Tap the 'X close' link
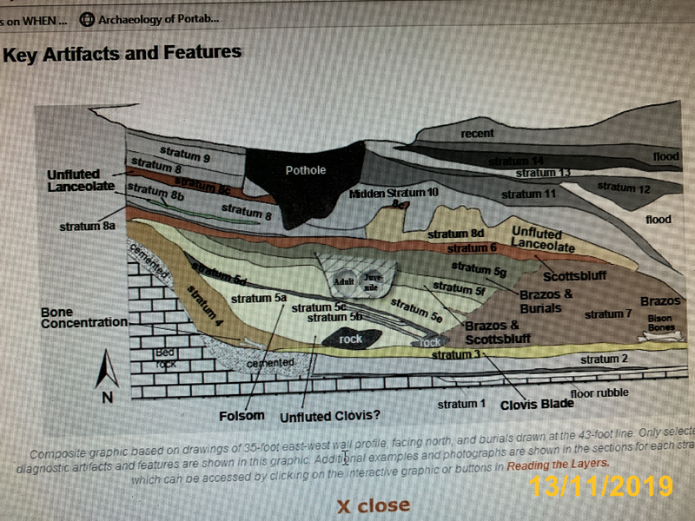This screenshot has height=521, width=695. click(x=374, y=505)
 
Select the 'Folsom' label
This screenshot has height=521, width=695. click(x=242, y=415)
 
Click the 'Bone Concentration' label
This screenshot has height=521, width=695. click(x=83, y=317)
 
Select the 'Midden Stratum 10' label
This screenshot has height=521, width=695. click(x=394, y=192)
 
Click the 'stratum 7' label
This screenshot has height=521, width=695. click(x=608, y=313)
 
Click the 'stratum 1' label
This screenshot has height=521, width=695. click(x=461, y=404)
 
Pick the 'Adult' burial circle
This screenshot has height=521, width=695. click(x=341, y=282)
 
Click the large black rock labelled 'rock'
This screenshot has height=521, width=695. click(x=350, y=339)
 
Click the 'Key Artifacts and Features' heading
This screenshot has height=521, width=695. click(x=122, y=53)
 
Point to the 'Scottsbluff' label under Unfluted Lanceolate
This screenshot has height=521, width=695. click(x=569, y=277)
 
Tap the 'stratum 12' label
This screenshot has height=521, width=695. click(x=624, y=187)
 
